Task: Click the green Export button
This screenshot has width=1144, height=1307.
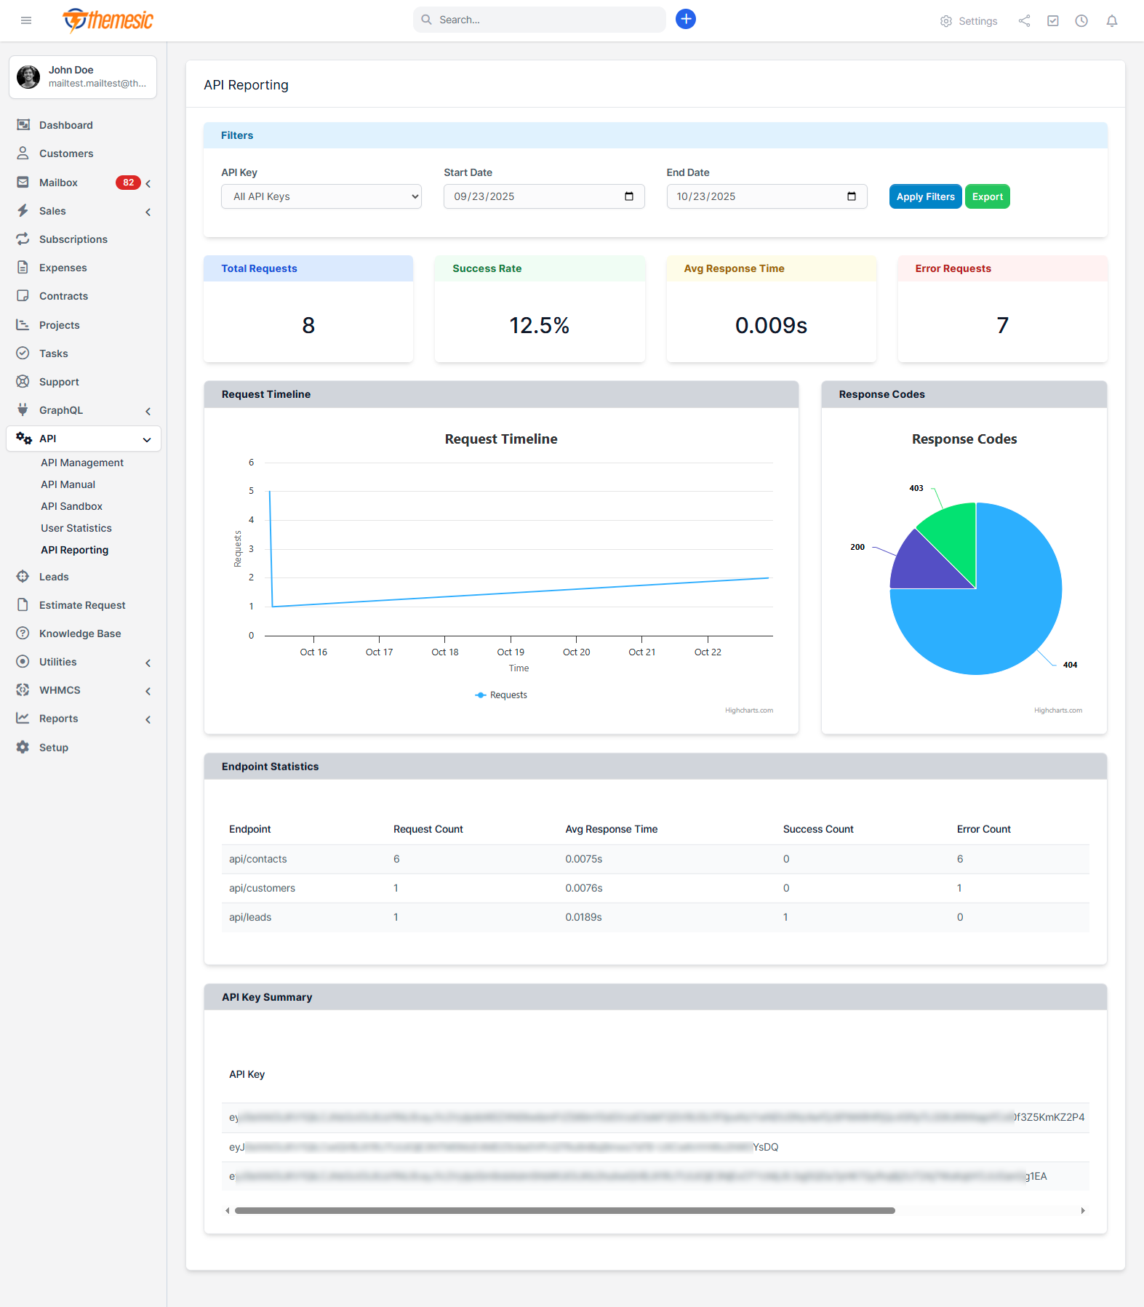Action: pyautogui.click(x=987, y=196)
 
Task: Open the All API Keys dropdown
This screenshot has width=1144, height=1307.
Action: pyautogui.click(x=321, y=196)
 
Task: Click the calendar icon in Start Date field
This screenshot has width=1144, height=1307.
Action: pyautogui.click(x=629, y=196)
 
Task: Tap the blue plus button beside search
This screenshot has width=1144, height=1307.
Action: pyautogui.click(x=685, y=19)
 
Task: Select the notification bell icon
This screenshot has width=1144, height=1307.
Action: pyautogui.click(x=1111, y=21)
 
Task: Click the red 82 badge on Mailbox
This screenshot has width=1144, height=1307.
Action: pyautogui.click(x=128, y=183)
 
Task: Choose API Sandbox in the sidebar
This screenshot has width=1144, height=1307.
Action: pyautogui.click(x=71, y=506)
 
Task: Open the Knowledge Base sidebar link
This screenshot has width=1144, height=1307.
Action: pyautogui.click(x=80, y=633)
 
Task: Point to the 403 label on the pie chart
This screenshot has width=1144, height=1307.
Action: pyautogui.click(x=916, y=488)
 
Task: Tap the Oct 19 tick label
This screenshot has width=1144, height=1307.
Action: pyautogui.click(x=511, y=652)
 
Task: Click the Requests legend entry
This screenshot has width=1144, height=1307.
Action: pyautogui.click(x=501, y=695)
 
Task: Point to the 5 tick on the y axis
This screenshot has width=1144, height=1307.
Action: pyautogui.click(x=252, y=491)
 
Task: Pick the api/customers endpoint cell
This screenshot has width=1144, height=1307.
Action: pyautogui.click(x=262, y=888)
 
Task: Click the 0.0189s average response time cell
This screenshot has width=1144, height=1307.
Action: pyautogui.click(x=583, y=917)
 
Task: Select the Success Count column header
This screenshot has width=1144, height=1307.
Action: pyautogui.click(x=817, y=829)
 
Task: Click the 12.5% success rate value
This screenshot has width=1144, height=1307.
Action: pyautogui.click(x=539, y=325)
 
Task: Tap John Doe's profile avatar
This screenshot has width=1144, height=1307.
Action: pyautogui.click(x=28, y=76)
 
